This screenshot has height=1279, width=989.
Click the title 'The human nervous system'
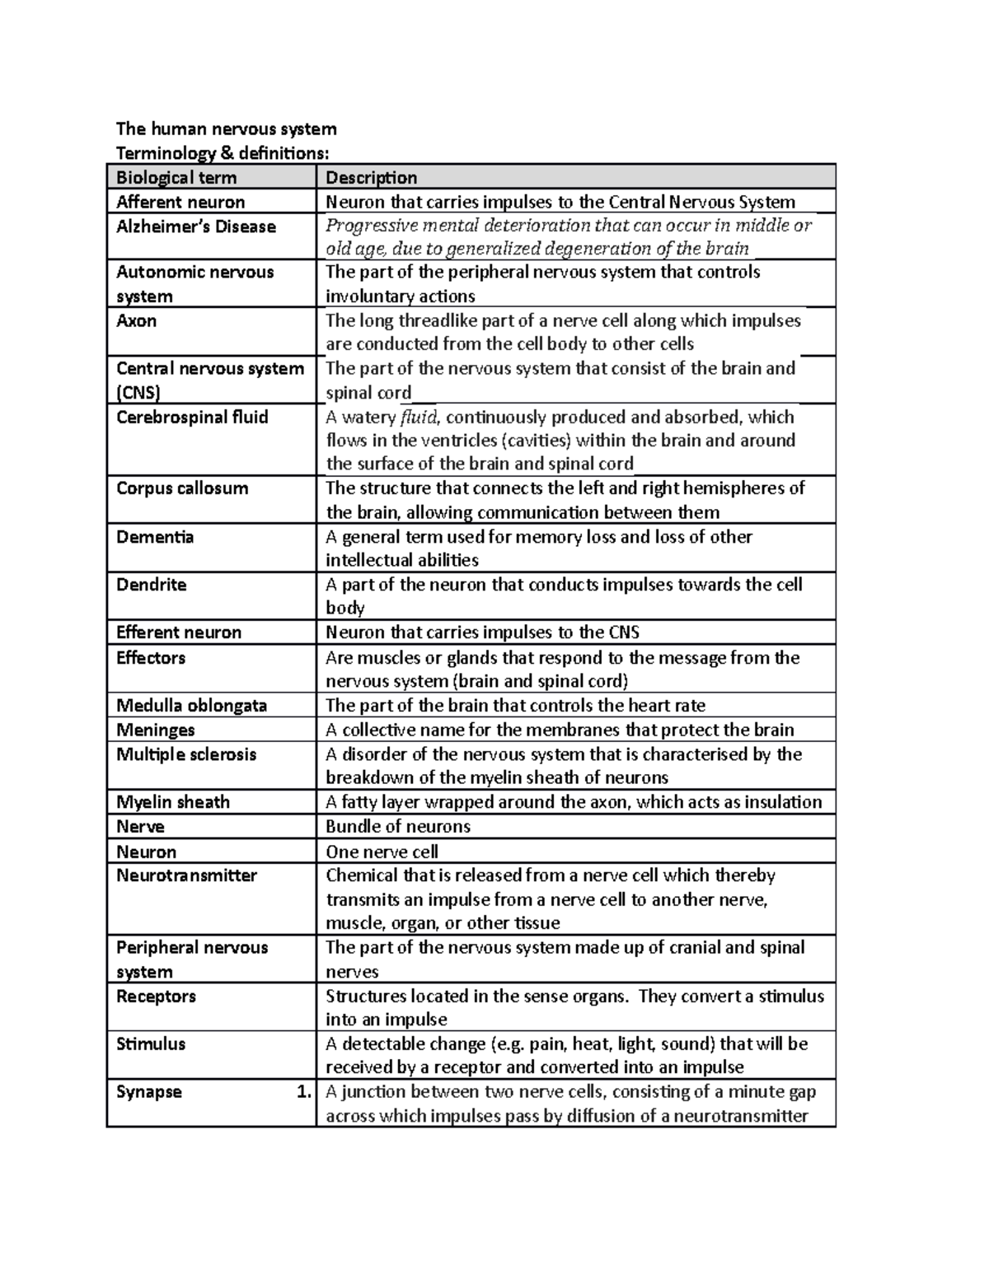click(226, 128)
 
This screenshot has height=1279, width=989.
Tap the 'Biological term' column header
click(176, 177)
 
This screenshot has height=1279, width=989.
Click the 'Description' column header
click(371, 177)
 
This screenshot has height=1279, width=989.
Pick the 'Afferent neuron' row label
click(180, 202)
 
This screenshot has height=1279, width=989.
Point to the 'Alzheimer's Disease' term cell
click(196, 226)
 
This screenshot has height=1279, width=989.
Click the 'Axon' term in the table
click(136, 320)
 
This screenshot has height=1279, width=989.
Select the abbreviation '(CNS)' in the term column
click(138, 392)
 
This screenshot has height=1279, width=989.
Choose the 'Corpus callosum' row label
click(182, 488)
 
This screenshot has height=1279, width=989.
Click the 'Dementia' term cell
click(155, 537)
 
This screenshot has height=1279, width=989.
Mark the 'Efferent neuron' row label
click(179, 632)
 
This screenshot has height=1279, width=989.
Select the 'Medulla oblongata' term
click(191, 705)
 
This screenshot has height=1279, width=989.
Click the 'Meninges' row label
click(156, 730)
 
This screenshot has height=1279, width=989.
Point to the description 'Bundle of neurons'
click(398, 826)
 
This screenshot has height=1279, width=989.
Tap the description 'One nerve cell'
click(382, 852)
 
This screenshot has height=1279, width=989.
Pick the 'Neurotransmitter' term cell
click(186, 875)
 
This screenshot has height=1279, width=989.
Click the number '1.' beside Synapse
click(303, 1092)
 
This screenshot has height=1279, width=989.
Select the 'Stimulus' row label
click(151, 1044)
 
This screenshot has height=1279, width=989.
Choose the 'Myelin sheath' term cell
click(173, 802)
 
